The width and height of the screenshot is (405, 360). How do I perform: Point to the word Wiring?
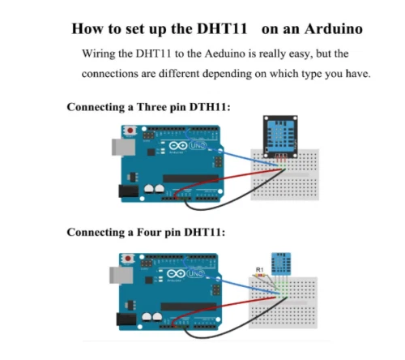100,54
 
